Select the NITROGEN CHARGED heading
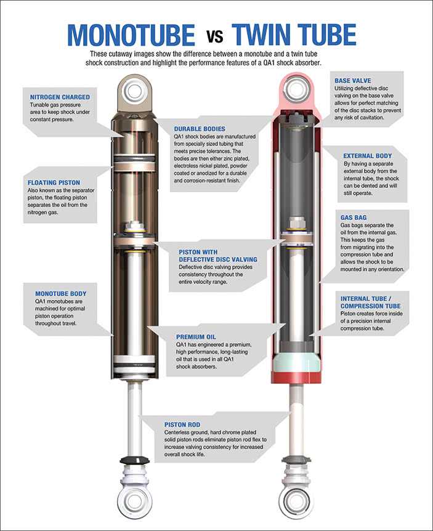click(x=60, y=97)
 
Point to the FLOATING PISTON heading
click(x=58, y=182)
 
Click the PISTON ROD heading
click(x=183, y=424)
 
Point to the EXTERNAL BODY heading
click(x=368, y=156)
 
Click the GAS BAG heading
click(x=356, y=217)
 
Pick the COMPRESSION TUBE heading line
click(x=371, y=306)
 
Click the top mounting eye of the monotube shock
click(x=135, y=91)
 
